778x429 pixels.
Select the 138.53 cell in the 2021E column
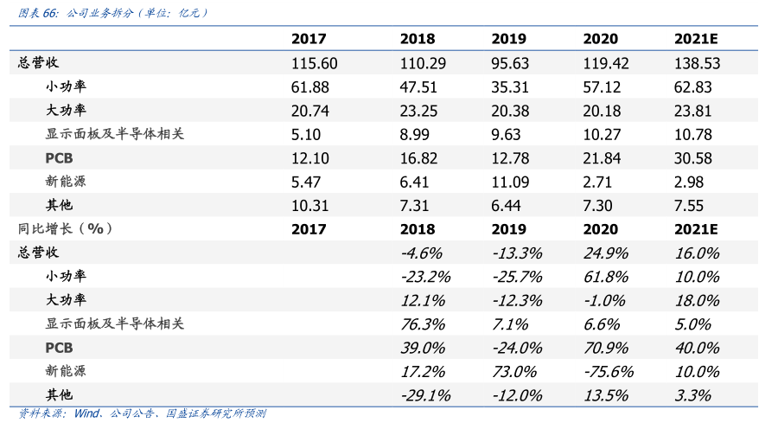pos(696,63)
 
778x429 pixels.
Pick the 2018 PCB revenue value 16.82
pos(421,158)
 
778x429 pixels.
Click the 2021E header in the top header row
pos(696,39)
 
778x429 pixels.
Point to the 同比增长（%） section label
pos(66,228)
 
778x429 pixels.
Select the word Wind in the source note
pos(86,413)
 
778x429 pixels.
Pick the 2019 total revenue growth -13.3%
pos(517,253)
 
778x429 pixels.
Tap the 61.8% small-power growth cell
pos(606,277)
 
